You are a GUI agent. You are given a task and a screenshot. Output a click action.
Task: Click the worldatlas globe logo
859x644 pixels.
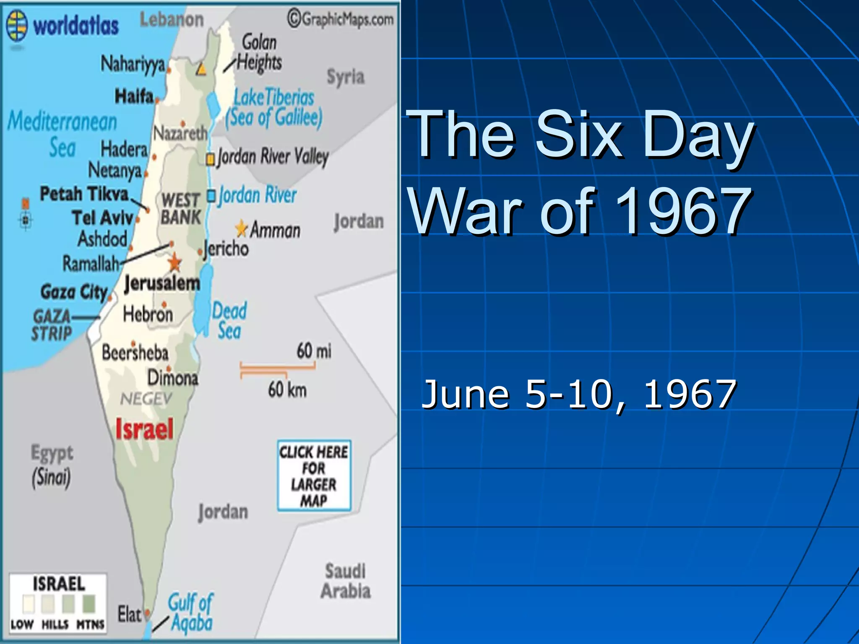(x=17, y=26)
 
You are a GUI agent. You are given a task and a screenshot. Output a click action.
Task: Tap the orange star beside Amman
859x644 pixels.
(x=242, y=229)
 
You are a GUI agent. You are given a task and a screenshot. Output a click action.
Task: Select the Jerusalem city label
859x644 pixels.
(x=162, y=283)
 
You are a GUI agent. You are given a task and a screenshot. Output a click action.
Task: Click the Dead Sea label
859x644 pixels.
(x=229, y=321)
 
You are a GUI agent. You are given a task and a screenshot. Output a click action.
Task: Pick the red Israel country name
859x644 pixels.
(x=144, y=429)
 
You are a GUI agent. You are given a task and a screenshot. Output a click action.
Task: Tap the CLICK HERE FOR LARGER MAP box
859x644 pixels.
(x=314, y=476)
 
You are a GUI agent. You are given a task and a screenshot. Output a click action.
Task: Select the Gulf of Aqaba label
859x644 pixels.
(x=191, y=613)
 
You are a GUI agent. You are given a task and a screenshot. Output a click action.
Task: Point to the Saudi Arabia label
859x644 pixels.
(x=346, y=581)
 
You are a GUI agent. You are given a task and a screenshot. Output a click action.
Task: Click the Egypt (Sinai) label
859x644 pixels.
(x=52, y=465)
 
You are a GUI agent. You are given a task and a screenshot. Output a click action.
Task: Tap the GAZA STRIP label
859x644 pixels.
(x=52, y=325)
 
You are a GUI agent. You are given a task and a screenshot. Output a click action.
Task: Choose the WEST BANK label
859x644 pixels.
(x=181, y=208)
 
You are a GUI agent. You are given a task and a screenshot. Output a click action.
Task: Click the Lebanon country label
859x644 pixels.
(x=172, y=20)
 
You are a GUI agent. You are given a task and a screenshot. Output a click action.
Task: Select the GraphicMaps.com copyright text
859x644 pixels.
(x=341, y=19)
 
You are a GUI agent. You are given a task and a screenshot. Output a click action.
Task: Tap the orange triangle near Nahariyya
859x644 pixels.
(x=201, y=69)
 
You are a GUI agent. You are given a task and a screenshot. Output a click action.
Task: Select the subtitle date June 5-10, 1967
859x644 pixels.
(x=578, y=394)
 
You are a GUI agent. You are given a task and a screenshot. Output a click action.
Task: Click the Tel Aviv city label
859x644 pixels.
(x=102, y=218)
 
